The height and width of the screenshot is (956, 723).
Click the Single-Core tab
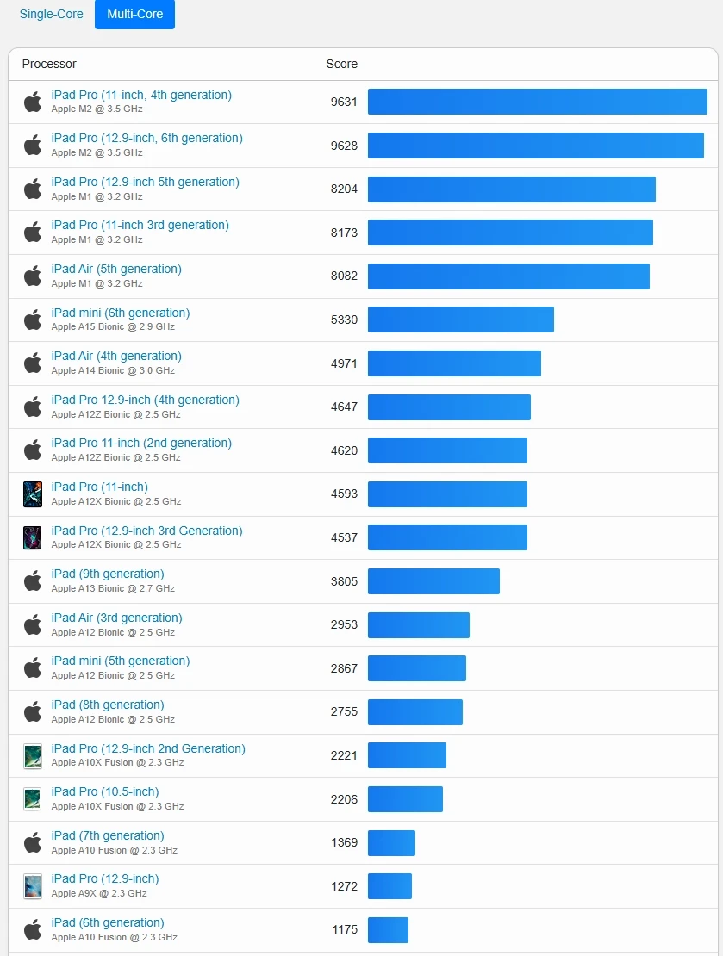coord(53,15)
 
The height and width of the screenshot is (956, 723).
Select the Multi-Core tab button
coord(134,15)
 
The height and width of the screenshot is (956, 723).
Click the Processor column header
coord(49,64)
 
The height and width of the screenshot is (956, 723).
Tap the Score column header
coord(341,64)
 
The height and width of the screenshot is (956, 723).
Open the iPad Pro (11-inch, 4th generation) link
coord(141,95)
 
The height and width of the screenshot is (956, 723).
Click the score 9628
coord(344,146)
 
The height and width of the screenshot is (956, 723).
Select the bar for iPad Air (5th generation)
coord(508,276)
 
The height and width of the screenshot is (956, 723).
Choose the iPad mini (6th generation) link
coord(121,313)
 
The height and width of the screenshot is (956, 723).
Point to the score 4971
coord(344,363)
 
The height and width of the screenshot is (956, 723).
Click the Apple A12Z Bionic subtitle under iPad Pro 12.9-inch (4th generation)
coord(115,414)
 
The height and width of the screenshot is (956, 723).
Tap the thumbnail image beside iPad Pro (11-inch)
coord(33,494)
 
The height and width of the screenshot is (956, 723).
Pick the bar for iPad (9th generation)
coord(433,581)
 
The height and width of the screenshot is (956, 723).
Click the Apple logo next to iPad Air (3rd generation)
coord(33,624)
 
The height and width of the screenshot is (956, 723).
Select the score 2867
coord(344,668)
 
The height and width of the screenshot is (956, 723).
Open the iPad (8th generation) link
coord(108,705)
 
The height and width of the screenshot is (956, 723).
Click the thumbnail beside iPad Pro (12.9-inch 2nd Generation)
coord(33,755)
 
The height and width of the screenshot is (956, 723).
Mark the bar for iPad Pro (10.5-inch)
coord(405,799)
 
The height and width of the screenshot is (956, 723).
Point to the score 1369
coord(344,842)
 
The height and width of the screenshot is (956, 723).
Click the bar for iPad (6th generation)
coord(388,930)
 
